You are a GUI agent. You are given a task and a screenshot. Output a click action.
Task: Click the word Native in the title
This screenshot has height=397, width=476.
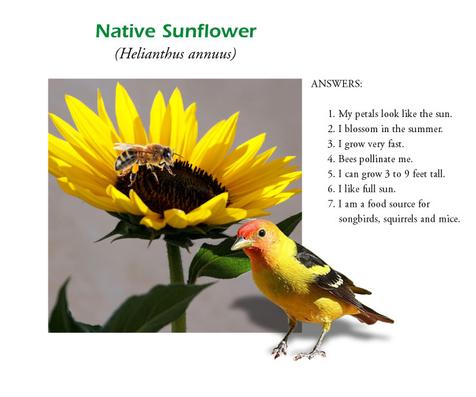[x=126, y=31]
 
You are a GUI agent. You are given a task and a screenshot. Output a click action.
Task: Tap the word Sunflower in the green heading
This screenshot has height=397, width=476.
[x=210, y=31]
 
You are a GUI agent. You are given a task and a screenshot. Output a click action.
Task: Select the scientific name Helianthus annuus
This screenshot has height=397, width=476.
[x=175, y=54]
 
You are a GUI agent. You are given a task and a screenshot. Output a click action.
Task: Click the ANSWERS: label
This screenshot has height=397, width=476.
[x=337, y=84]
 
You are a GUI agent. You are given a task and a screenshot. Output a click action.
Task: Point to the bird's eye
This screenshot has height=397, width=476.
[x=262, y=233]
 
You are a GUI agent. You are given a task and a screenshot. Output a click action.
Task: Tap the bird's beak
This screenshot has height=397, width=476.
[x=241, y=243]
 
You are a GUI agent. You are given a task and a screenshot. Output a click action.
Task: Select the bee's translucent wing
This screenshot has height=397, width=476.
[x=130, y=147]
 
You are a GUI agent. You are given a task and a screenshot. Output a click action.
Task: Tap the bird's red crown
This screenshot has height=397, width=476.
[x=249, y=228]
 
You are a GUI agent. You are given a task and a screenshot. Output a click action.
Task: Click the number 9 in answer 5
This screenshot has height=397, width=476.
[x=407, y=174]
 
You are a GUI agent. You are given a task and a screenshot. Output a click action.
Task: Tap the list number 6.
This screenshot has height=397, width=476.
[x=331, y=189]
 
